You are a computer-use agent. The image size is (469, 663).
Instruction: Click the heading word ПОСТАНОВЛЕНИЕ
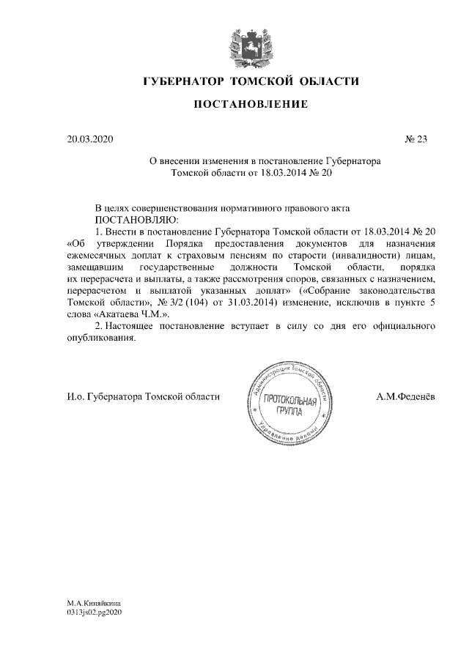(250, 105)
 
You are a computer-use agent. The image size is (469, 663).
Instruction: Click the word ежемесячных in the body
(93, 254)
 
